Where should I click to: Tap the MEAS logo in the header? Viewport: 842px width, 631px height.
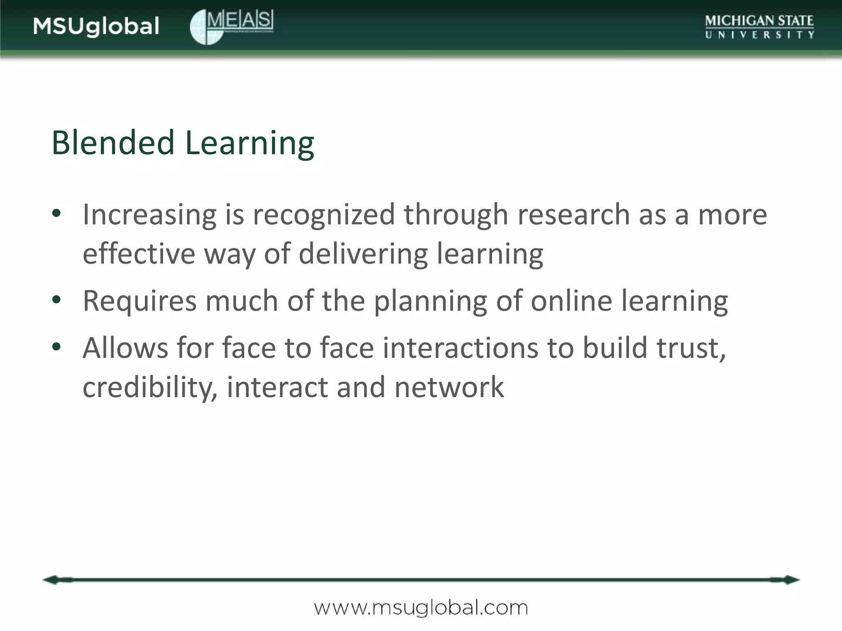(x=232, y=27)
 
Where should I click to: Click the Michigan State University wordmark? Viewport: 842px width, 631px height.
(x=759, y=27)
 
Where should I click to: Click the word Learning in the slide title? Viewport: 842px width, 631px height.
(x=250, y=144)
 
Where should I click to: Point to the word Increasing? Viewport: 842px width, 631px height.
(x=149, y=215)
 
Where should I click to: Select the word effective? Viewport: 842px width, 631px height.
(x=139, y=253)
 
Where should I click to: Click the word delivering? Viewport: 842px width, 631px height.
(x=363, y=254)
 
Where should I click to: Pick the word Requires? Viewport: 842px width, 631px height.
(x=139, y=301)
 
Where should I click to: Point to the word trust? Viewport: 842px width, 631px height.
(x=691, y=348)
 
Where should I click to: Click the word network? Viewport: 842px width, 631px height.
(x=449, y=387)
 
